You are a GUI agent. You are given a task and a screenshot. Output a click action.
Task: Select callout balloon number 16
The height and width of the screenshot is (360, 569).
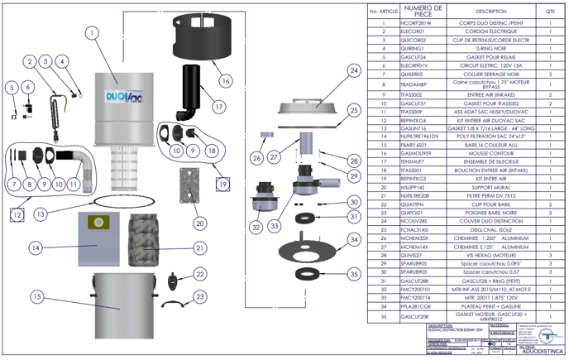pos(225,80)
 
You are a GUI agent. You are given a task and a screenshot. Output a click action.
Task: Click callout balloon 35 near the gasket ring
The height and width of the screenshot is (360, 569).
pos(354,272)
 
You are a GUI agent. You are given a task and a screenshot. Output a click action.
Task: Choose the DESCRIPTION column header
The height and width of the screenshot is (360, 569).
pos(491,12)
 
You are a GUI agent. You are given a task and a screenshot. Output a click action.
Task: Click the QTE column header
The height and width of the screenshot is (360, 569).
pos(550,12)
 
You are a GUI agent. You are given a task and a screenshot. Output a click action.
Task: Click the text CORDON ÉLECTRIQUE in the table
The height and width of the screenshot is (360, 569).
pos(491,31)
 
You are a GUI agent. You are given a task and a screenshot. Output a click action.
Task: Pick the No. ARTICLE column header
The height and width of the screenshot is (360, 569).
pos(385,12)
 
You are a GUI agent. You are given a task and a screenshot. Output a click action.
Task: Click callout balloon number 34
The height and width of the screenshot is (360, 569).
pos(354,239)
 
